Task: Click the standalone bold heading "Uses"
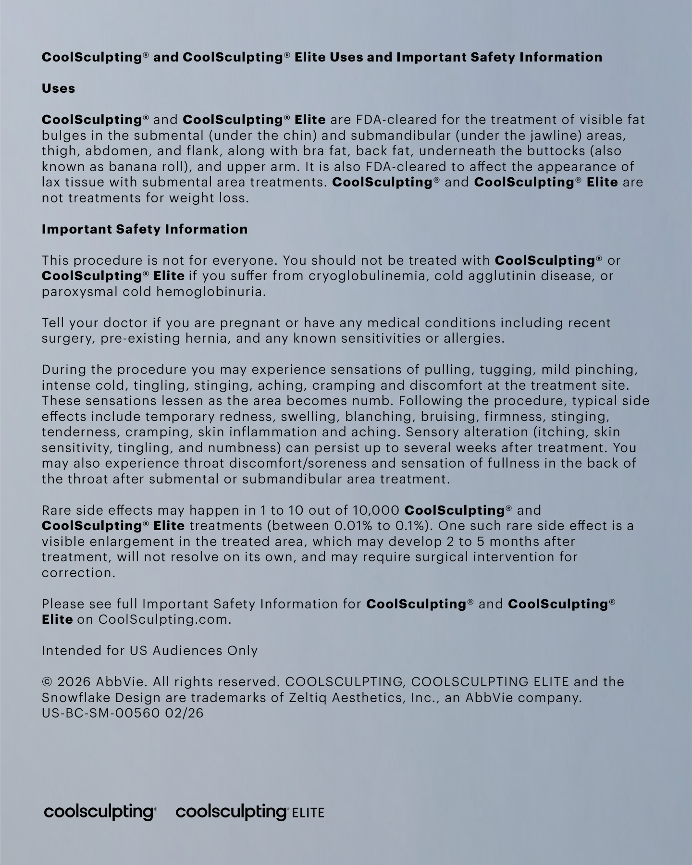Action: (58, 88)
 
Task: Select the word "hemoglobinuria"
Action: (211, 292)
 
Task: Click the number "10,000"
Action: (376, 510)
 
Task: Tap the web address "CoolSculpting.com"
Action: (165, 619)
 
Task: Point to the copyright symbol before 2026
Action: (47, 682)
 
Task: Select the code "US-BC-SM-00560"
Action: (100, 713)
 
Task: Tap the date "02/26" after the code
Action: (184, 713)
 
